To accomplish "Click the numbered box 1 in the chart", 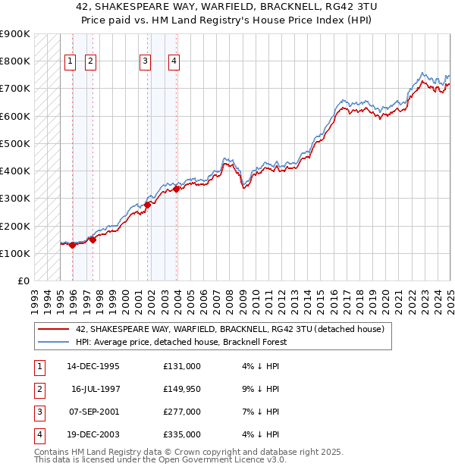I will (x=70, y=62).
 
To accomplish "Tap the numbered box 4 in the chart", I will (x=174, y=62).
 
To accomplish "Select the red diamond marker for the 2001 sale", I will (x=147, y=204).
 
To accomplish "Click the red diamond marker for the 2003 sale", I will (x=177, y=189).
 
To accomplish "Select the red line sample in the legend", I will (x=52, y=330).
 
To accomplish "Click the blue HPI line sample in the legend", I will (x=52, y=342).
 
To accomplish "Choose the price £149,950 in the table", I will (x=182, y=389).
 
